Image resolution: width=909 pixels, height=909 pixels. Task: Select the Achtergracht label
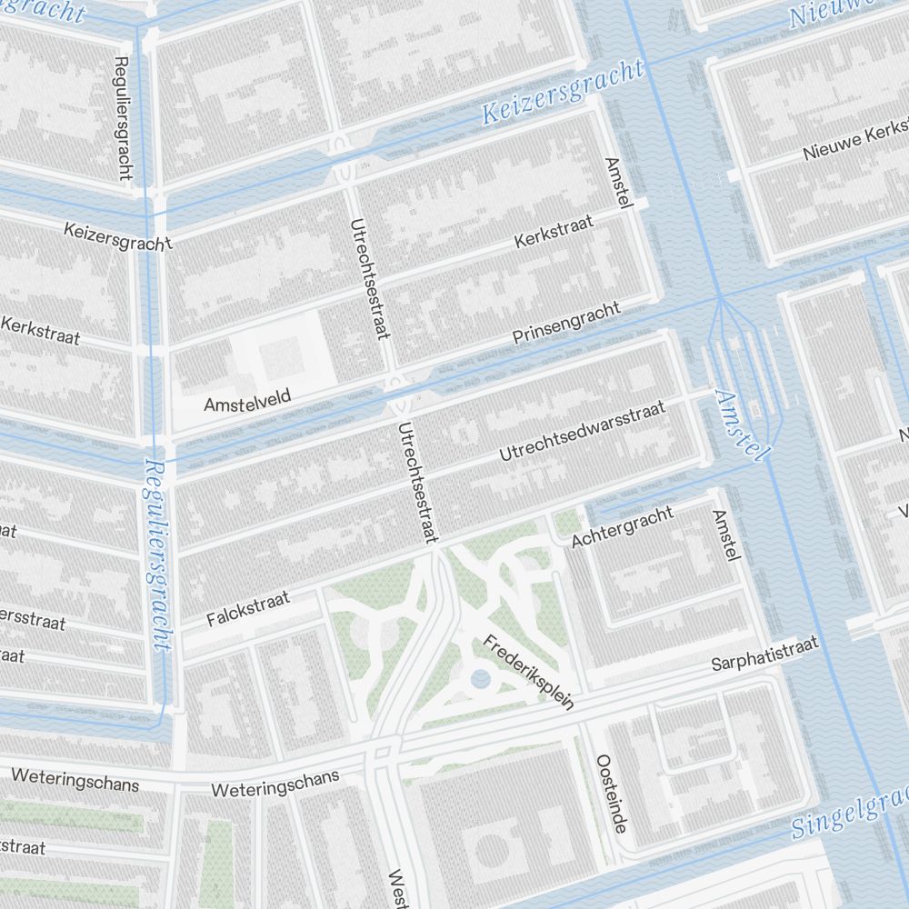tap(623, 527)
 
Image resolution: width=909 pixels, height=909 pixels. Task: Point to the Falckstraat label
tap(247, 608)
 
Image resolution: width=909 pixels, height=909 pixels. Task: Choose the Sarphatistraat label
tap(764, 654)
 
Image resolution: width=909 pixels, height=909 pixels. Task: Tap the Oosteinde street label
tap(610, 793)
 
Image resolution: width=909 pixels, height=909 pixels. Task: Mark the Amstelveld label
tap(239, 402)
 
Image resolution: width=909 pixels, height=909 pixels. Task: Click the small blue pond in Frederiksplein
tap(480, 679)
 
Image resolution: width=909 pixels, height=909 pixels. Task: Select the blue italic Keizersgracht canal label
tap(563, 94)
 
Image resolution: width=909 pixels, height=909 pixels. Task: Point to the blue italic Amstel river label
tap(742, 425)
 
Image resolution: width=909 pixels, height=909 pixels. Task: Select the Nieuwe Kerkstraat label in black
tap(854, 139)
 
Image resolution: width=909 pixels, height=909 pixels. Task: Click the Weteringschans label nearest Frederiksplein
tap(275, 783)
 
